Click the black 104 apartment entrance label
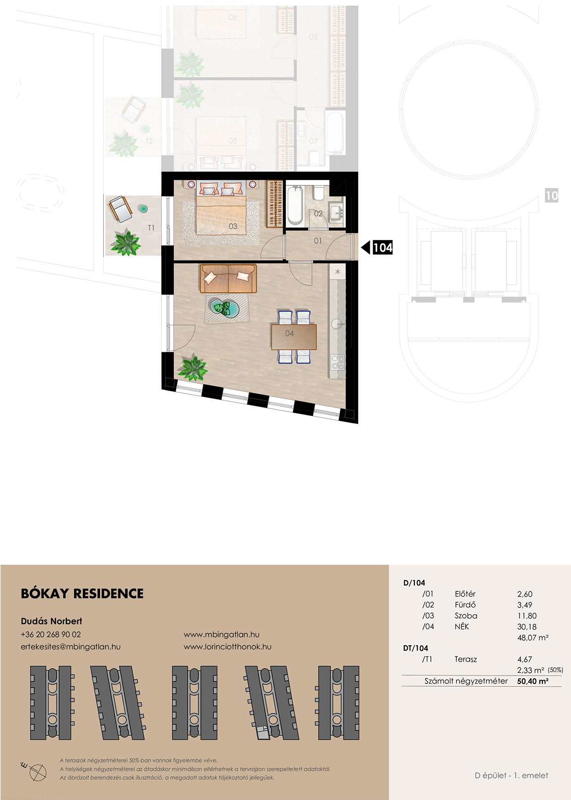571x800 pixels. (383, 248)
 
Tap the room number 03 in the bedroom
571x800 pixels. (233, 227)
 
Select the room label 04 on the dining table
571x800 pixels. (289, 333)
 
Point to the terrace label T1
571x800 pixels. (151, 228)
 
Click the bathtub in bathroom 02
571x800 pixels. (295, 204)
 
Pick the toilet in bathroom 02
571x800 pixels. (319, 193)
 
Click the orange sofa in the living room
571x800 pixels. (228, 279)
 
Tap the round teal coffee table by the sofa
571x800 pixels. (225, 308)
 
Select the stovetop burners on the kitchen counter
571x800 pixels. (338, 362)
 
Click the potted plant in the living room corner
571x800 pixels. (193, 368)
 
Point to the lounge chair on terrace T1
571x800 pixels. (121, 208)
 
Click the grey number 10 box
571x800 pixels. (551, 195)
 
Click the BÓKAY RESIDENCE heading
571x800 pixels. (82, 593)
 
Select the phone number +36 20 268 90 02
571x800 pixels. (51, 634)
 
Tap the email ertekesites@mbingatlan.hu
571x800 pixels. (70, 647)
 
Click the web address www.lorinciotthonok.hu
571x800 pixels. (227, 647)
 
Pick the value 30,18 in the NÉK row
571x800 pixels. (527, 627)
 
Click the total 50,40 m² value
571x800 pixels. (533, 681)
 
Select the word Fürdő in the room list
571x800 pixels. (465, 605)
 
